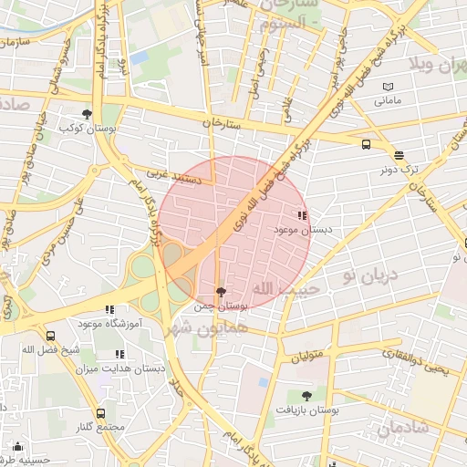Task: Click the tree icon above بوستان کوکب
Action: point(87,114)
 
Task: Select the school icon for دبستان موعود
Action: point(302,216)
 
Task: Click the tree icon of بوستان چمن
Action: point(219,291)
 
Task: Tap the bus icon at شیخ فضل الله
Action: point(50,335)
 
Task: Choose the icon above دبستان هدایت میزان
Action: point(119,354)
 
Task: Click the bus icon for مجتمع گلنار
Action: point(100,412)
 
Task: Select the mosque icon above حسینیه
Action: point(17,446)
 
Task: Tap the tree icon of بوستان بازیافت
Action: point(306,396)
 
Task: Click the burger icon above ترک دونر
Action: point(398,154)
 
